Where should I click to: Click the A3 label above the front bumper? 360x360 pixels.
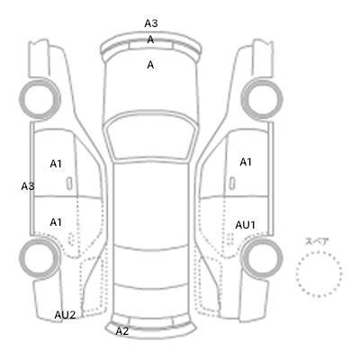click(151, 23)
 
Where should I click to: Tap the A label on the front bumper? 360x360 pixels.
click(150, 40)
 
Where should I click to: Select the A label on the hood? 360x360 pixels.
click(150, 65)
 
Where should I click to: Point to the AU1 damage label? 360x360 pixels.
click(245, 225)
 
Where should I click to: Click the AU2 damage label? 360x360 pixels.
click(65, 315)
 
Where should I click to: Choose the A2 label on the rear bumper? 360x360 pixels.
click(122, 331)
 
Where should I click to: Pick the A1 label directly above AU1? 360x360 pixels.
click(246, 162)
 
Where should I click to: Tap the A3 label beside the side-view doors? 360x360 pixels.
click(28, 186)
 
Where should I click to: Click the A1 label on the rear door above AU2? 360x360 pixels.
click(56, 222)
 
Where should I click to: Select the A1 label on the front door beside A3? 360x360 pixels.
click(56, 164)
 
